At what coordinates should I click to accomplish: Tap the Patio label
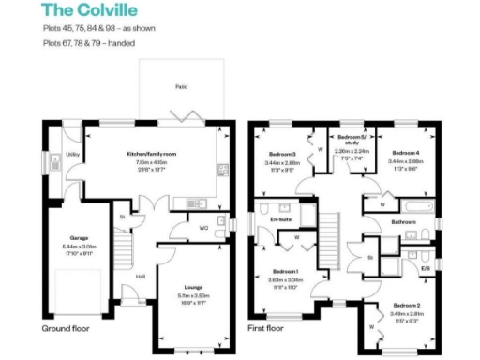tap(182, 86)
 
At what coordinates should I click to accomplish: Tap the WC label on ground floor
tap(203, 227)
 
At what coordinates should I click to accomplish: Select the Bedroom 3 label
tap(282, 153)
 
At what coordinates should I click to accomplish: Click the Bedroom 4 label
tap(405, 153)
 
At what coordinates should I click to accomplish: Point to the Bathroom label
tap(404, 222)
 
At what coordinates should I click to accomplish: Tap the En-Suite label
tap(278, 220)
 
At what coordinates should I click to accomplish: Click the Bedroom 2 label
tap(406, 306)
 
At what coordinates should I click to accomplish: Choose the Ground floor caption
tap(66, 329)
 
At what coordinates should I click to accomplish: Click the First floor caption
tap(265, 329)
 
